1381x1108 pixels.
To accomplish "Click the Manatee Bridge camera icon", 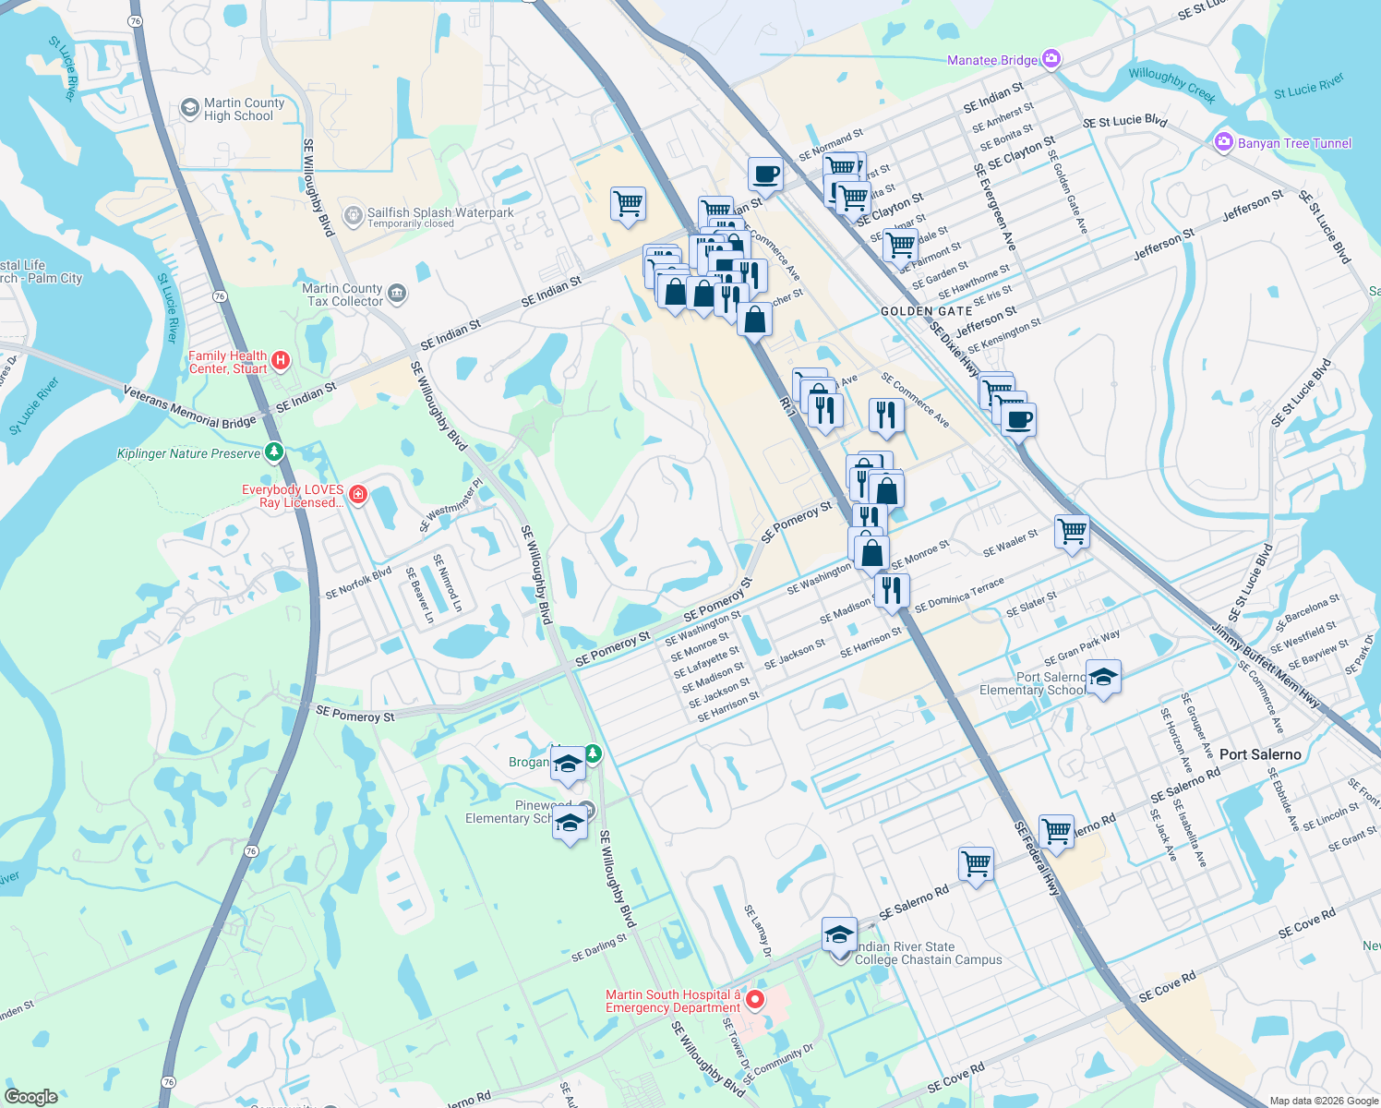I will (x=1051, y=60).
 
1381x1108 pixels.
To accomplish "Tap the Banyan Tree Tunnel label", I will (x=1294, y=143).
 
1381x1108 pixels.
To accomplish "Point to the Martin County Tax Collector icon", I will (x=397, y=294).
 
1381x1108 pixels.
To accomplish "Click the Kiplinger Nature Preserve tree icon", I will (x=273, y=452).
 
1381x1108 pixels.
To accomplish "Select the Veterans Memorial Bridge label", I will (x=189, y=407).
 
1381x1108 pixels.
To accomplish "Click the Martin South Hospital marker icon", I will (x=755, y=1000).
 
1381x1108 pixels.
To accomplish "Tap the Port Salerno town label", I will (x=1259, y=754).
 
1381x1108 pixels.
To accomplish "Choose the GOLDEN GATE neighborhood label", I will (x=926, y=311).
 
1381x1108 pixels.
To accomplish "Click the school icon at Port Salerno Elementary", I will (x=1103, y=679).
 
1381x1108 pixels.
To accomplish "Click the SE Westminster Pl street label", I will (x=451, y=505).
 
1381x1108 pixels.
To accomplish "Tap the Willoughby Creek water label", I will (x=1171, y=85).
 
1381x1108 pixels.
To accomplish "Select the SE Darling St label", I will (x=598, y=948).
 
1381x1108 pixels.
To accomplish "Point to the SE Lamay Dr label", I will (x=757, y=931).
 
